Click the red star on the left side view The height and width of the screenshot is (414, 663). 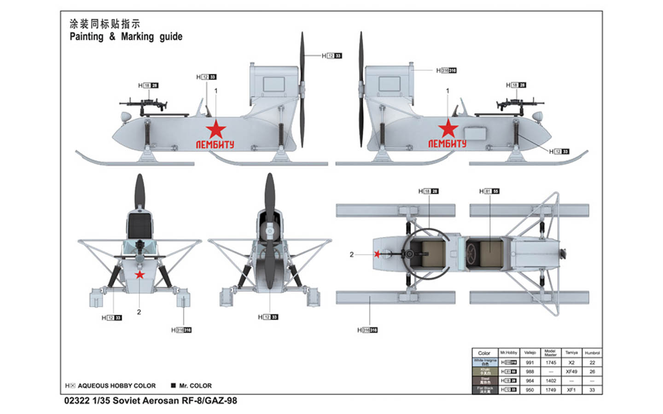(x=215, y=129)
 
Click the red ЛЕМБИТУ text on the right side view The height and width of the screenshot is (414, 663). (x=447, y=144)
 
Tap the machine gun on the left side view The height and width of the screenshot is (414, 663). (x=144, y=103)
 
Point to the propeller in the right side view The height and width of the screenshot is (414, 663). (x=361, y=90)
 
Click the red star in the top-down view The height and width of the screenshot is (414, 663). (x=378, y=254)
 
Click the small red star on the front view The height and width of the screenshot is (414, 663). (x=140, y=275)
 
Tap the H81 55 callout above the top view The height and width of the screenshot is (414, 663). (x=489, y=191)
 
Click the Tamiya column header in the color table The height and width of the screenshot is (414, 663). (x=571, y=353)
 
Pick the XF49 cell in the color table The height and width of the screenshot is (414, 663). (x=571, y=372)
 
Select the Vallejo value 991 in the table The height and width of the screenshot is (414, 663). (x=530, y=362)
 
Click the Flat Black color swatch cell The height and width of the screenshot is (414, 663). (x=485, y=390)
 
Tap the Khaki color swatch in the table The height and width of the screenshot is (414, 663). (x=485, y=372)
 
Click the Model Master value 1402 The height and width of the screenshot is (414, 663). (x=551, y=381)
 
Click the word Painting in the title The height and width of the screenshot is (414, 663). (x=87, y=37)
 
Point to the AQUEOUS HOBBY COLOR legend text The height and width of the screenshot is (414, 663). (x=116, y=386)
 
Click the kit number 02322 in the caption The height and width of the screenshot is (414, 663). (x=77, y=401)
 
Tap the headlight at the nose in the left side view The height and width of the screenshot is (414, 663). (x=126, y=117)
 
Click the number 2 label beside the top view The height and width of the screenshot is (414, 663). (x=352, y=254)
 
